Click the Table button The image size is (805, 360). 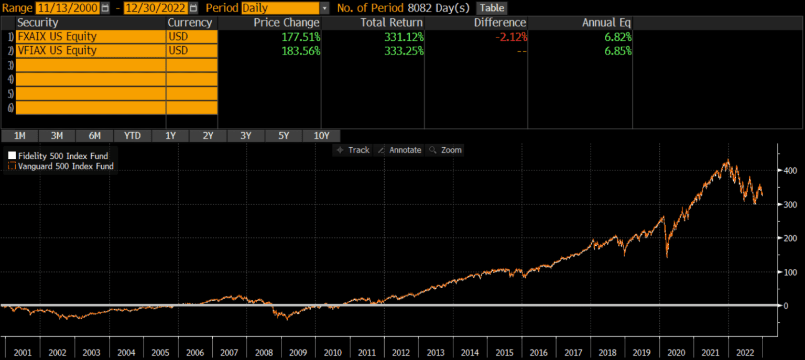tap(492, 8)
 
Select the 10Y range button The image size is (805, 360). tap(321, 136)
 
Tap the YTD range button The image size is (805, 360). tap(133, 136)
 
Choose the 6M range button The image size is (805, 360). tap(94, 136)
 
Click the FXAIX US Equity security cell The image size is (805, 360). tap(91, 37)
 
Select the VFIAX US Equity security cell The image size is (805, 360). tap(91, 51)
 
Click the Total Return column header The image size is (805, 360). tap(391, 23)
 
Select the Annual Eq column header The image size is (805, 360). tap(606, 23)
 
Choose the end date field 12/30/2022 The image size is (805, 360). tap(156, 8)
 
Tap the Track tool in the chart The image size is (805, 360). tap(353, 150)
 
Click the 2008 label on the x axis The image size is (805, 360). tap(264, 353)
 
